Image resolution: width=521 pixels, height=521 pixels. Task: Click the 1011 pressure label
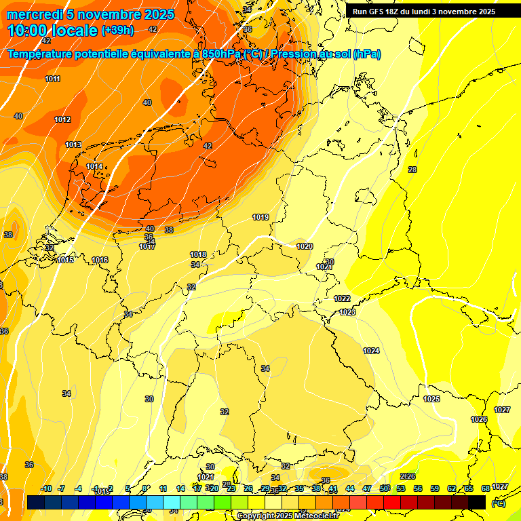pos(52,79)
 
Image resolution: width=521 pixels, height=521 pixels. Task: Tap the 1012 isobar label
pos(62,120)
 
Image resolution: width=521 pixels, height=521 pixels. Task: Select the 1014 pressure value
pos(94,166)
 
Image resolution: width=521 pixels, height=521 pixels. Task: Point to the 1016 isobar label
pos(100,260)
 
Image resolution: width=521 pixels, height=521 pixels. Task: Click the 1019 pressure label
pos(260,217)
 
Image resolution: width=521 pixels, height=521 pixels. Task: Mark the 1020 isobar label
pos(305,246)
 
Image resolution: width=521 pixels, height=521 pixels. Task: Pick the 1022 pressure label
pos(342,298)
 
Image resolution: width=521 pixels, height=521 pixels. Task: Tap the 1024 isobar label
pos(371,351)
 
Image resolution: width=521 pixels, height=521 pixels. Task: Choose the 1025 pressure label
pos(431,399)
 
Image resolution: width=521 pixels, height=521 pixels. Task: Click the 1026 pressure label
pos(479,419)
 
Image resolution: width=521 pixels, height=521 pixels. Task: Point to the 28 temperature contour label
pos(412,170)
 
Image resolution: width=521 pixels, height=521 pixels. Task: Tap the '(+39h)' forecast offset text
pos(117,31)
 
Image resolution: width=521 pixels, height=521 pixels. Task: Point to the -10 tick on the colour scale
pos(46,488)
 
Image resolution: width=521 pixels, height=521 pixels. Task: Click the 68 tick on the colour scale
pos(486,488)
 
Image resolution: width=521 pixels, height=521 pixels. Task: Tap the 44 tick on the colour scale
pos(350,488)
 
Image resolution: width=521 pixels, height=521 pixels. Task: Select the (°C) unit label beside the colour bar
pos(499,503)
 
